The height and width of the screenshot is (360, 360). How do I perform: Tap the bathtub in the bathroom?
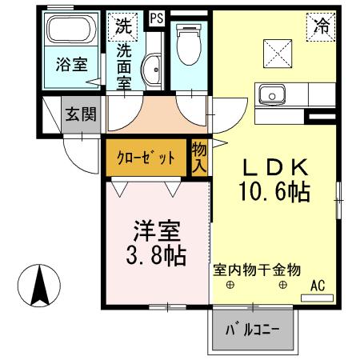coord(70,33)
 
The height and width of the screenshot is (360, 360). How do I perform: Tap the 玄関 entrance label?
coord(81,114)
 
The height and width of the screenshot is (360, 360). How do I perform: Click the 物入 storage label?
coord(198,158)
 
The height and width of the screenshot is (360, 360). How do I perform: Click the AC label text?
coord(318,285)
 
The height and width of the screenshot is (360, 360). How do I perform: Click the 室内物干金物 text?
coord(257,271)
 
